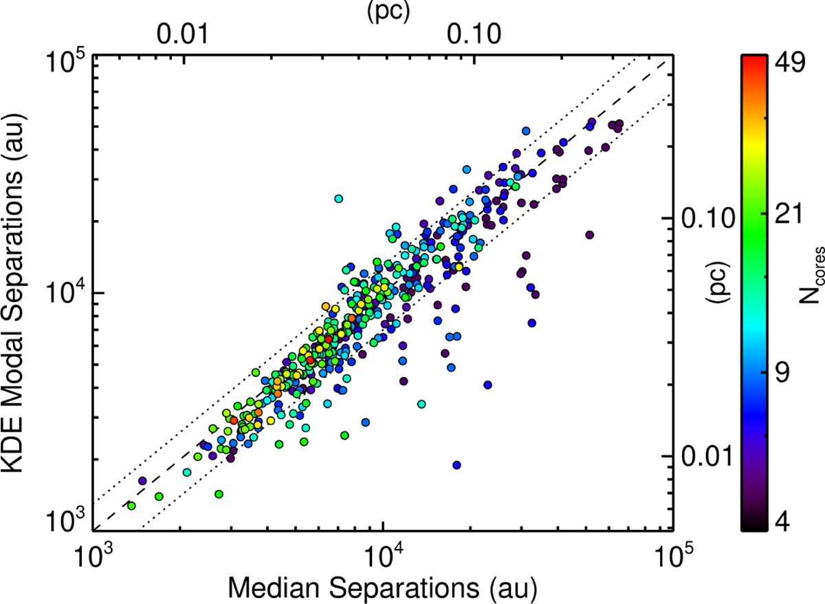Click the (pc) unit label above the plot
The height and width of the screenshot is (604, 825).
[388, 12]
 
